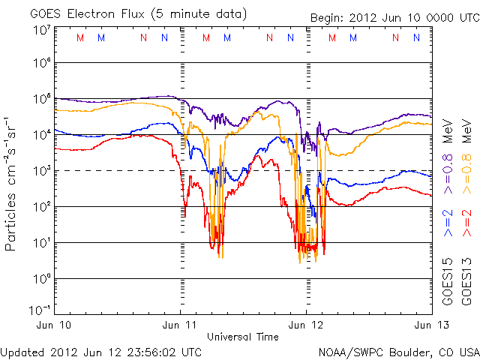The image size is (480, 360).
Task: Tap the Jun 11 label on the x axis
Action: pos(181,325)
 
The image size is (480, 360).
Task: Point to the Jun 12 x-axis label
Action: pos(306,325)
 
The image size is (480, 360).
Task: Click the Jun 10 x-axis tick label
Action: pos(55,325)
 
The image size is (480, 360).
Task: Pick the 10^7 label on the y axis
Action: pos(41,30)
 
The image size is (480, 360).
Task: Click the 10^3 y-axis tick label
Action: pos(41,171)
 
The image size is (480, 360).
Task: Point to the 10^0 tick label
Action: pos(41,279)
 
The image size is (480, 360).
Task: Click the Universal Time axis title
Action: pos(243,337)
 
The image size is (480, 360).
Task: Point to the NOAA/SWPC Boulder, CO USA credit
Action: pos(397,352)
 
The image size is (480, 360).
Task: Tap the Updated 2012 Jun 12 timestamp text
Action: pos(101,352)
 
